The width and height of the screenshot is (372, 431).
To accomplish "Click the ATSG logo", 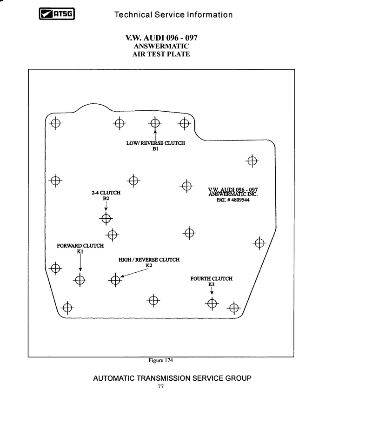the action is [x=57, y=14].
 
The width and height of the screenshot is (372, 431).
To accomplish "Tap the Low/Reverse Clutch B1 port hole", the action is [x=155, y=123].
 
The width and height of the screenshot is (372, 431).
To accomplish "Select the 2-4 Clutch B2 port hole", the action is [x=106, y=218].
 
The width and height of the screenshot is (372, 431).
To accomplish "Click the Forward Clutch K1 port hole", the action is [x=80, y=280].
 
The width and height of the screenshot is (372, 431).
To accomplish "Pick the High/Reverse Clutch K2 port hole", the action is [x=115, y=280].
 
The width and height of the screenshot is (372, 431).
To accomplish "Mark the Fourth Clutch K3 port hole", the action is [x=212, y=303].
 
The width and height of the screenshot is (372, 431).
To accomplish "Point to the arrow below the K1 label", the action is [x=80, y=263].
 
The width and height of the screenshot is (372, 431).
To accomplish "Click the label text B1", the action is [x=155, y=148].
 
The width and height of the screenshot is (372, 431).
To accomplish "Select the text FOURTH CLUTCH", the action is [x=212, y=278].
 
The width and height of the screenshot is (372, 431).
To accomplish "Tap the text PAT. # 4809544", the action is [x=233, y=200].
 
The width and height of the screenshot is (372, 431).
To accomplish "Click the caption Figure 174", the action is [x=160, y=360].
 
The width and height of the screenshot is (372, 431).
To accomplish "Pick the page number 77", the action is [x=161, y=386].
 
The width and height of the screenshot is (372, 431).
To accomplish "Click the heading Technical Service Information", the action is [x=173, y=14].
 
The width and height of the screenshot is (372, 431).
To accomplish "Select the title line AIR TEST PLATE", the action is [x=161, y=54].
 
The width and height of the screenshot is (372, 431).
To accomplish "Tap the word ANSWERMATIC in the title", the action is [x=161, y=46].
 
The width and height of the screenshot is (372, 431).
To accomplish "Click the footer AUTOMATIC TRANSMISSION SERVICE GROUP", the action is [x=172, y=378].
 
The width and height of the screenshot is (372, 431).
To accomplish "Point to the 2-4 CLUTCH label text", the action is [x=106, y=193].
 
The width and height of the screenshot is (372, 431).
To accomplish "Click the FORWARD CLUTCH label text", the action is [x=80, y=246].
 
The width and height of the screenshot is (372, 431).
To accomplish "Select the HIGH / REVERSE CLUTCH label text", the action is [x=149, y=260].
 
